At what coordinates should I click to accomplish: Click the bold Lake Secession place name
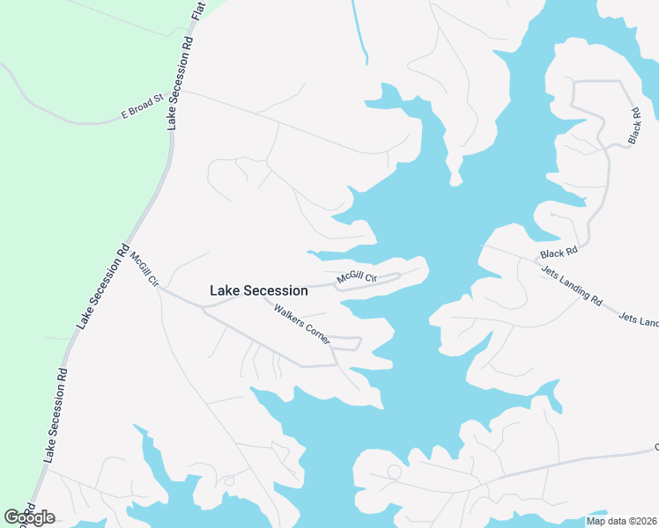(259, 290)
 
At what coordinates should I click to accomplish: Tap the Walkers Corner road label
(301, 323)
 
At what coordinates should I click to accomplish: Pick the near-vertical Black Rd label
(635, 125)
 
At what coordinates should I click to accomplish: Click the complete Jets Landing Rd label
(571, 287)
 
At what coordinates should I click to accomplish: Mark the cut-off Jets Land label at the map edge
(638, 319)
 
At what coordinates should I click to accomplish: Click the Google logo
(29, 517)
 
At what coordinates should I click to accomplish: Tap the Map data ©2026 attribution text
(621, 521)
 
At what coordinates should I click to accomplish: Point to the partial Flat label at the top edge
(198, 11)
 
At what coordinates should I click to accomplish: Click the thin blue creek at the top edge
(359, 31)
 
